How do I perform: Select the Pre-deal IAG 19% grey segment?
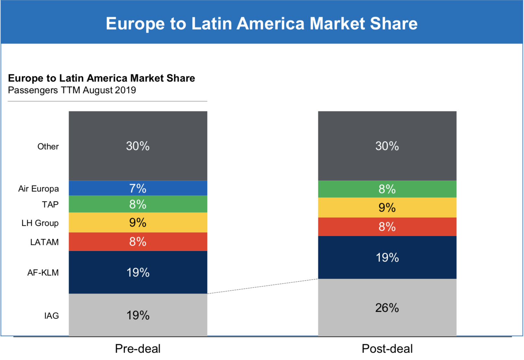coord(138,315)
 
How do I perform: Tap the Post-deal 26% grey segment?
coord(387,307)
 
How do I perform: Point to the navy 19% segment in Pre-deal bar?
coord(138,272)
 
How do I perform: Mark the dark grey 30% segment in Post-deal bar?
coord(387,146)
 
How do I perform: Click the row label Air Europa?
coord(39,189)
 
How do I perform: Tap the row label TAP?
coord(50,205)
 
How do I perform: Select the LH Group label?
coord(40,223)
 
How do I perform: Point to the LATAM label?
coord(44,242)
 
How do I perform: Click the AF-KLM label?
coord(43,273)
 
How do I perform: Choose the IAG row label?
coord(52,316)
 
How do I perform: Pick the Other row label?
coord(48,147)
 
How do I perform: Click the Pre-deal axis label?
coord(138,349)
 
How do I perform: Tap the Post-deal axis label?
coord(387,349)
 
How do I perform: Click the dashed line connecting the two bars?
coord(263,286)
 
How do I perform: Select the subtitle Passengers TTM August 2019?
coord(72,90)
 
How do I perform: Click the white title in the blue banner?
coord(261,23)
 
